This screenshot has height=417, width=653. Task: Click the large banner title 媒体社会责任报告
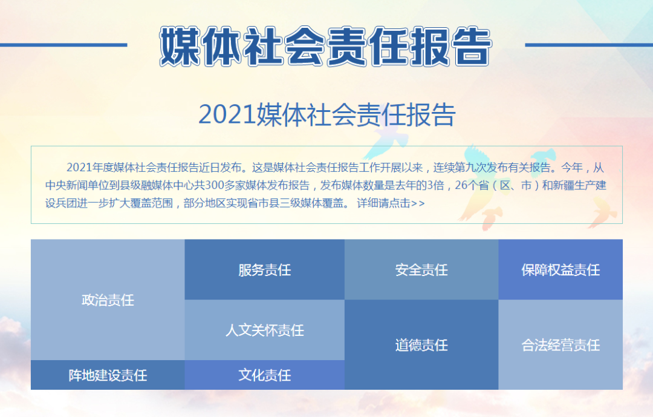click(326, 46)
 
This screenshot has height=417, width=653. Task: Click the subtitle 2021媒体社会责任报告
click(327, 114)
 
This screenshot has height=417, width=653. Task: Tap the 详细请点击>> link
click(391, 203)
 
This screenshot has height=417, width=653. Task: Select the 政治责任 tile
click(108, 300)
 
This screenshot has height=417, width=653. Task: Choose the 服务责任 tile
click(265, 270)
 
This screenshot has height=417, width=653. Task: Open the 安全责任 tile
click(421, 270)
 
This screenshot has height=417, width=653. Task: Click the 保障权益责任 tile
click(560, 270)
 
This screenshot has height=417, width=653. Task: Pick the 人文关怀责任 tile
click(265, 330)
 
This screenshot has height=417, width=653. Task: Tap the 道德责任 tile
click(421, 345)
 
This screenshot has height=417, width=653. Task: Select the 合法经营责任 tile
click(560, 345)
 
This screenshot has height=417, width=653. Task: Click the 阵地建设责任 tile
click(108, 375)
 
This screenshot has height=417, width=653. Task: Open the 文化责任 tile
click(265, 375)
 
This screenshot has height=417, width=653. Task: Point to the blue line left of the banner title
click(63, 45)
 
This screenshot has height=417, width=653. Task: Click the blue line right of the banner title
click(589, 45)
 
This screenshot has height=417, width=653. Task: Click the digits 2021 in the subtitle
click(227, 114)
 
